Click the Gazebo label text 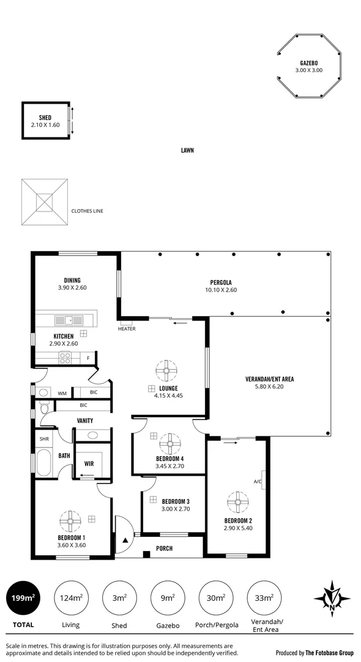[308, 63]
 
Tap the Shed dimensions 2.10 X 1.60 [45, 124]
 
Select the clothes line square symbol [44, 202]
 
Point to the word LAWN [187, 150]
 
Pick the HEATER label [127, 329]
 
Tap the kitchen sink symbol [64, 319]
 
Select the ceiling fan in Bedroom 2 [236, 502]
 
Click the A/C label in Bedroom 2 [258, 481]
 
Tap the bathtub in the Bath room [44, 463]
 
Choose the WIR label [89, 464]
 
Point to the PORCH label [164, 548]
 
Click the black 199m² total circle [23, 597]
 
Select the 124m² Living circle [72, 597]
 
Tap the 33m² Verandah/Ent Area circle [264, 597]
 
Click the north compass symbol [331, 598]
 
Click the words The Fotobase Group [331, 653]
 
